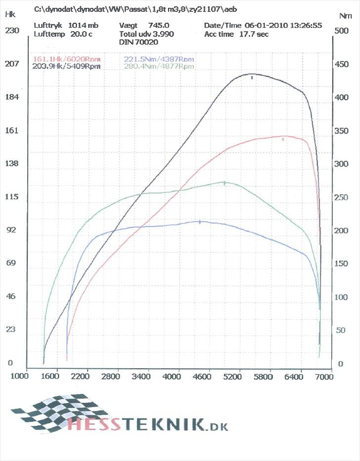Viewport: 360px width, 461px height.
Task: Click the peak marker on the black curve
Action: click(252, 77)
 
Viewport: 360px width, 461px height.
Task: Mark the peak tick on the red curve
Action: click(283, 139)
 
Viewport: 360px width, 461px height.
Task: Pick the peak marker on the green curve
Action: click(225, 183)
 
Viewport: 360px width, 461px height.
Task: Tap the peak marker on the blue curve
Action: click(200, 222)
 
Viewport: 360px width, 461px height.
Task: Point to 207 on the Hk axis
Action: click(11, 63)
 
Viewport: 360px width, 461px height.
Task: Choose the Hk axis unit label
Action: click(10, 14)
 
